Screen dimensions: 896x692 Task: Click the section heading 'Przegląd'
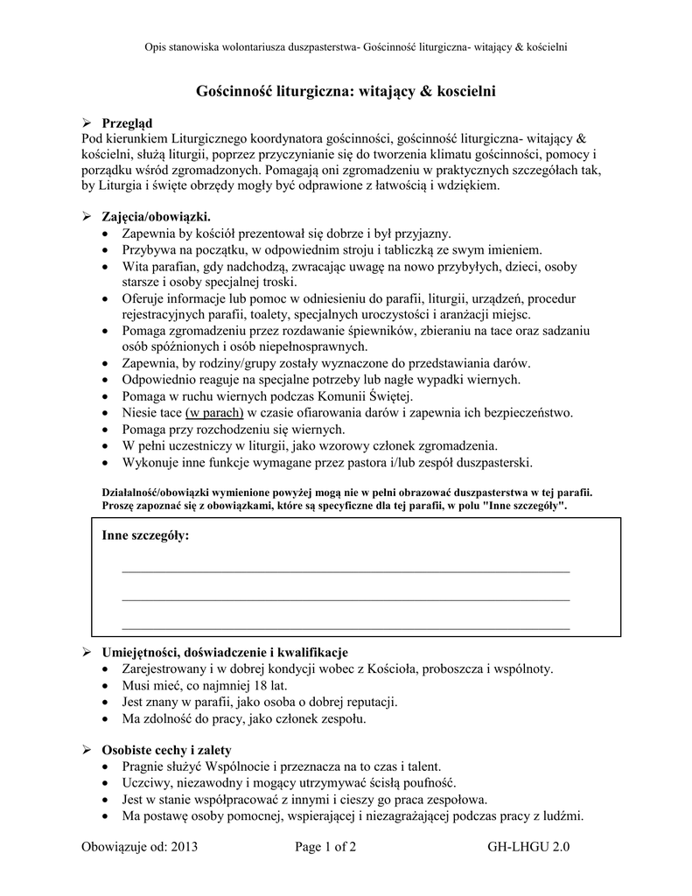point(127,123)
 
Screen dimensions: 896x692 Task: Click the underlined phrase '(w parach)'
point(214,412)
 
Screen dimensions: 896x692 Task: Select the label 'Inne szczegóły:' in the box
point(145,535)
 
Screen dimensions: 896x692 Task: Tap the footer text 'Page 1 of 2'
point(325,846)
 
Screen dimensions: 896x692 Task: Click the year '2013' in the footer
point(186,846)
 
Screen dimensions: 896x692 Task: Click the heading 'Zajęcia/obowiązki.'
point(157,216)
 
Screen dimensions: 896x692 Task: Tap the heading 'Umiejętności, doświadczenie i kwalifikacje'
point(225,652)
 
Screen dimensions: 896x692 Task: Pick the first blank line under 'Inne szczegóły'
point(346,570)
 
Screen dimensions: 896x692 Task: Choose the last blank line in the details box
point(346,628)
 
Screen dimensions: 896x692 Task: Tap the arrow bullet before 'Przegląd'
point(87,123)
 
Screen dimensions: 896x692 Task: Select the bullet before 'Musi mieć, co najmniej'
point(107,686)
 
